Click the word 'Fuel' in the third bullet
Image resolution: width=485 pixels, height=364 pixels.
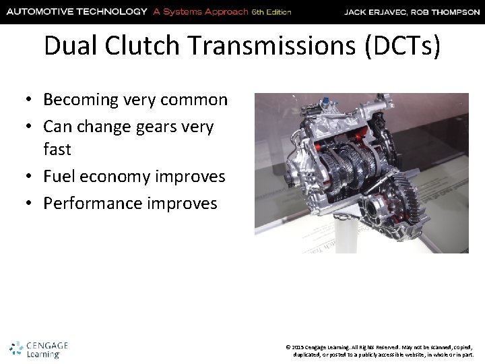click(58, 177)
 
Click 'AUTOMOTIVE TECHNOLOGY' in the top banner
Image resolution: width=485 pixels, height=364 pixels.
click(75, 11)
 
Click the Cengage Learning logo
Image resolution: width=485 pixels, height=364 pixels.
click(39, 348)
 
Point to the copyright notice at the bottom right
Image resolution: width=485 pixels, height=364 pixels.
click(381, 349)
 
